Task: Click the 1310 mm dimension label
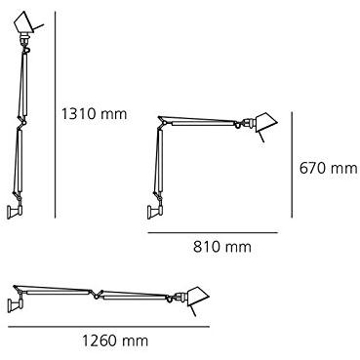[x=96, y=114]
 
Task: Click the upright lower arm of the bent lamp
[x=154, y=166]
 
